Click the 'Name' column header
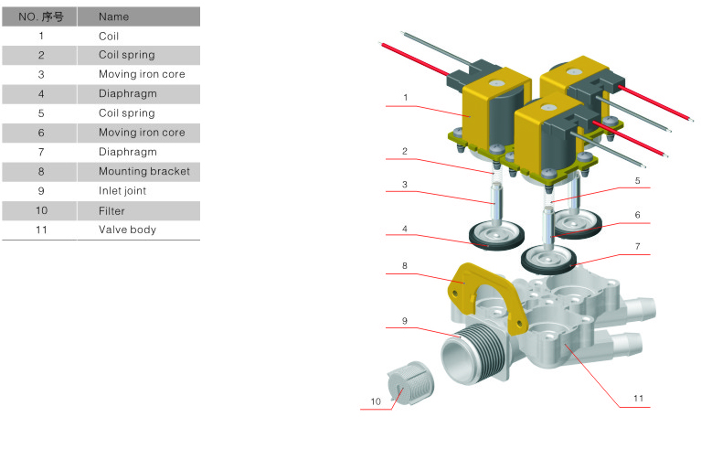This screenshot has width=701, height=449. pos(113,17)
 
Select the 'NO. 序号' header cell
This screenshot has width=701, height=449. pos(41,17)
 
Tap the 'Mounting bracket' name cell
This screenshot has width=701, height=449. pos(144,171)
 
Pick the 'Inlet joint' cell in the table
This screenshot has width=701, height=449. pos(122,191)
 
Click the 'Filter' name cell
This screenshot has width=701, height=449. pos(112,210)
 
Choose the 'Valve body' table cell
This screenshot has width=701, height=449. pos(127,230)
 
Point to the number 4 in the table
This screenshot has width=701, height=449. pos(41,94)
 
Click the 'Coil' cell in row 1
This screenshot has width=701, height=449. pos(109,37)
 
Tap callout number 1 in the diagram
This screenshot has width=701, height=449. pos(405,98)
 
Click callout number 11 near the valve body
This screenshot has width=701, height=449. pos(638,398)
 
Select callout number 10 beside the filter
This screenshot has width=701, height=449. pos(376,401)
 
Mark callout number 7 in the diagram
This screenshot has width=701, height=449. pos(638,246)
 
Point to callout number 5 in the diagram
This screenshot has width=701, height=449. pos(638,181)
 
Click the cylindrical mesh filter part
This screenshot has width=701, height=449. pos(409,383)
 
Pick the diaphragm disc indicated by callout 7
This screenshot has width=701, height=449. pos(549,259)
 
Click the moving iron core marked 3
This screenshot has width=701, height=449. pos(495,204)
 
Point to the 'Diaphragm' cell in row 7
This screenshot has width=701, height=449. pos(127,152)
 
